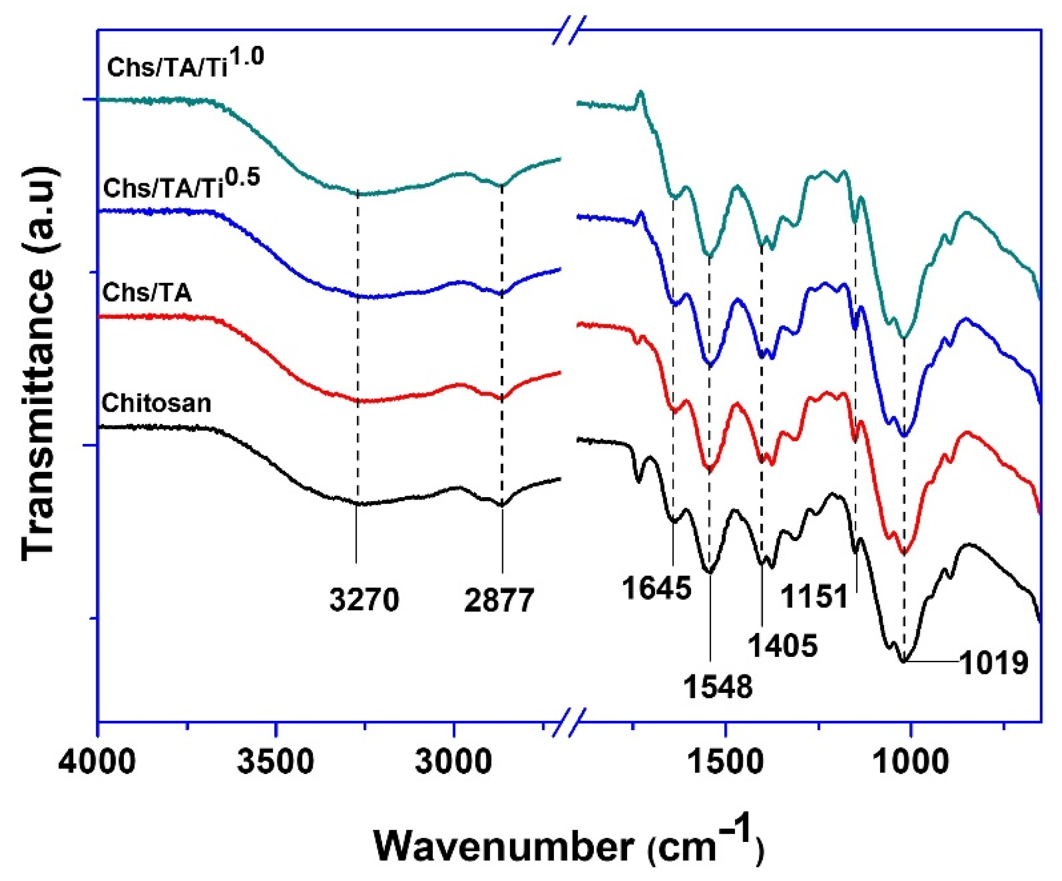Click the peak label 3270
click(x=364, y=600)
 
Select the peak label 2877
click(x=499, y=600)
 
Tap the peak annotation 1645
click(x=656, y=588)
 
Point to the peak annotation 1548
click(x=718, y=687)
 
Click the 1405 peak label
click(x=783, y=645)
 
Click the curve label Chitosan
click(x=156, y=403)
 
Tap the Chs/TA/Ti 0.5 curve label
click(x=181, y=186)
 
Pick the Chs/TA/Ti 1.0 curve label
click(x=185, y=65)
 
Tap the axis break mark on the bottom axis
click(x=570, y=722)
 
